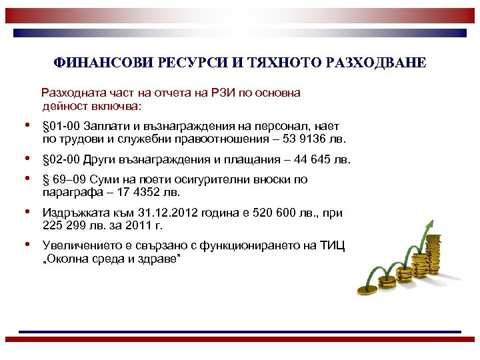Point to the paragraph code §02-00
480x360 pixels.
click(x=61, y=159)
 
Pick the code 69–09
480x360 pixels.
click(x=72, y=179)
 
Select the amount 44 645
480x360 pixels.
click(x=310, y=159)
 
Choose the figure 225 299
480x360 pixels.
click(x=65, y=226)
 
